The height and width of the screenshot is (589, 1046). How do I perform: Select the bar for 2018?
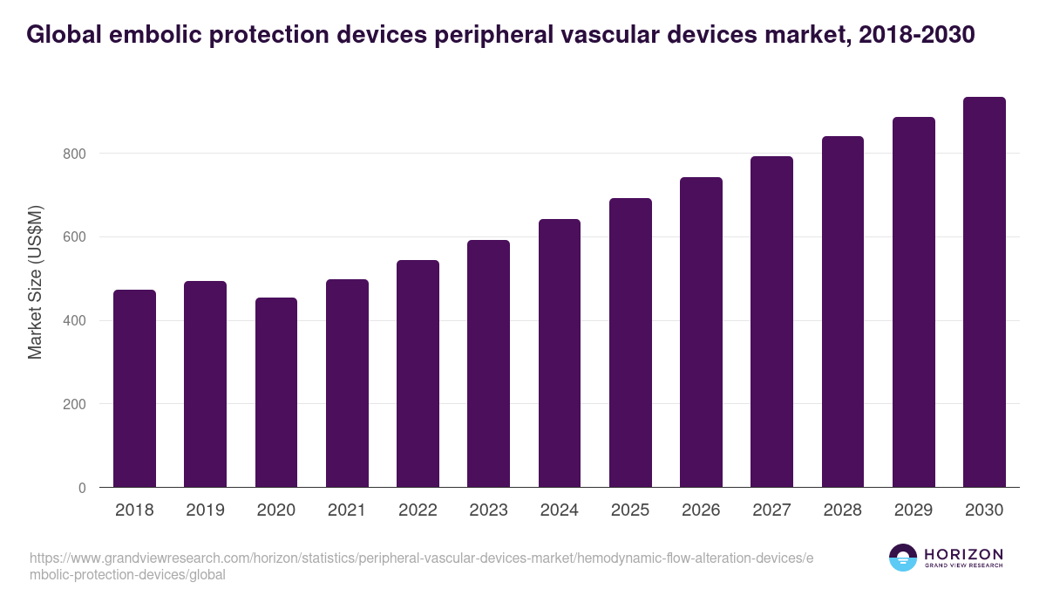point(134,389)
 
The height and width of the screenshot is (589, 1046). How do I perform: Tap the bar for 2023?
point(488,364)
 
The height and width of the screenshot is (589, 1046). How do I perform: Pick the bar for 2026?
point(701,332)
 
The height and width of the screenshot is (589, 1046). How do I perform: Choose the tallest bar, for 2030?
point(984,292)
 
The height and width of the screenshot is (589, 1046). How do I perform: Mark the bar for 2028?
point(843,312)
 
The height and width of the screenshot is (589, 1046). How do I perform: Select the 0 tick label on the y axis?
point(82,489)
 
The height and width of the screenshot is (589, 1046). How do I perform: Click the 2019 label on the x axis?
point(205,510)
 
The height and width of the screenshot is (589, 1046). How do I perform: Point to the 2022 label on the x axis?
point(418,510)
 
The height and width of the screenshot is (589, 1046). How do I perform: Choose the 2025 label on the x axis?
point(630,510)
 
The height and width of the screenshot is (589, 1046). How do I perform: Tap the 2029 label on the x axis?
point(914,510)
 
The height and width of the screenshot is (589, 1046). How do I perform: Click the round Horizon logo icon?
point(903,558)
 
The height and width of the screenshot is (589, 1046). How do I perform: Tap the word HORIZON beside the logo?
point(963,554)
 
